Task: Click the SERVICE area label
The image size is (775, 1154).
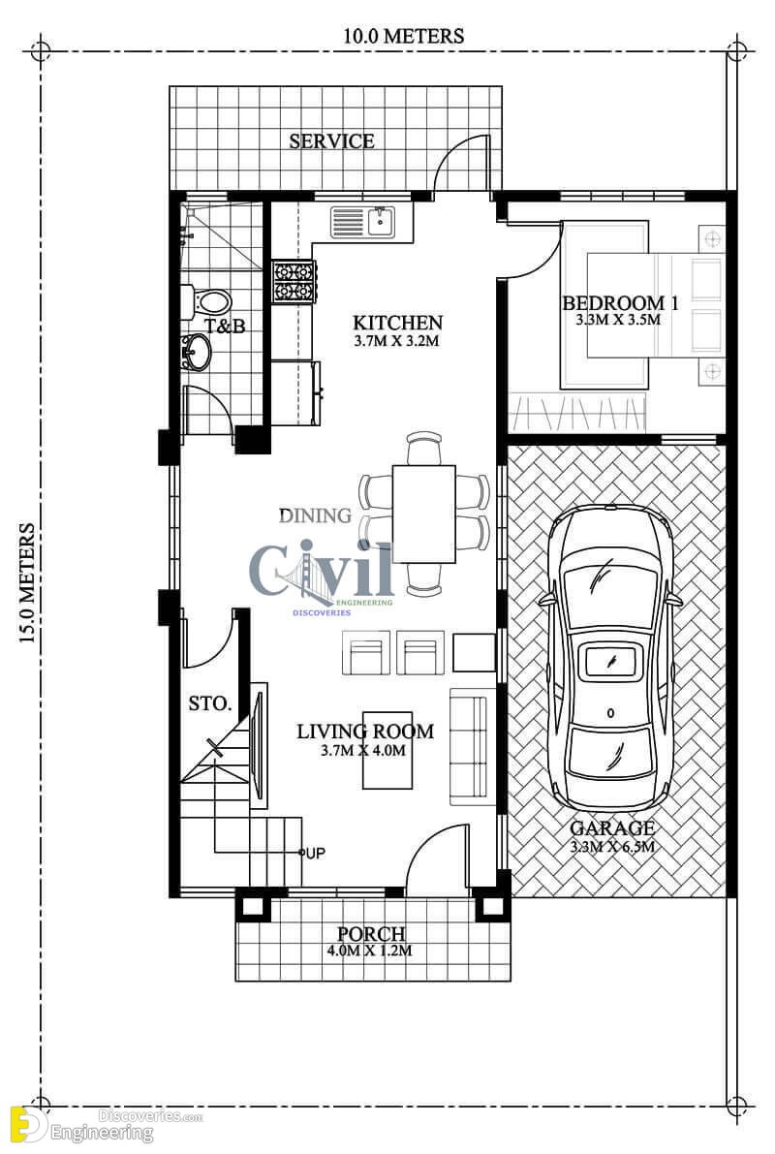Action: coord(331,140)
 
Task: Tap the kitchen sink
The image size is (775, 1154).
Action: coord(363,222)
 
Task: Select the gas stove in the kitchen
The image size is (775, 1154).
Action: coord(294,281)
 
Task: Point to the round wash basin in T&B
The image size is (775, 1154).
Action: coord(197,352)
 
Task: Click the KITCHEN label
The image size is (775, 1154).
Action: coord(397,323)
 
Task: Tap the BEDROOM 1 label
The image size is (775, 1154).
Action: coord(620,302)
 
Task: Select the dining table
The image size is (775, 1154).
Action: coord(424,514)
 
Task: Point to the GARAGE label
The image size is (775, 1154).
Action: coord(612,828)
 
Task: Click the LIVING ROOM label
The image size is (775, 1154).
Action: coord(365,731)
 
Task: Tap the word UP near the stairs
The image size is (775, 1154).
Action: coord(315,853)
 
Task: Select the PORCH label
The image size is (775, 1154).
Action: coord(371,933)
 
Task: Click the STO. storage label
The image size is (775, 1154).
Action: coord(210,703)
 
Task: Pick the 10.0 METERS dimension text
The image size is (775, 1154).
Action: coord(403,36)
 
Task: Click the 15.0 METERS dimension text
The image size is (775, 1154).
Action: coord(27,583)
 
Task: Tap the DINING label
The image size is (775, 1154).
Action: coord(315,515)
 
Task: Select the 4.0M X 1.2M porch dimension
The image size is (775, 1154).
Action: coord(369,951)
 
